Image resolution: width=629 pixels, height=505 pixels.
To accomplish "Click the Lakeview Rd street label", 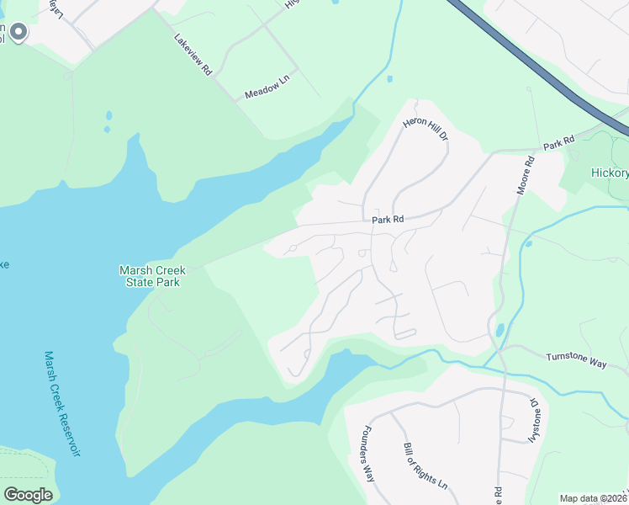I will pos(193,56).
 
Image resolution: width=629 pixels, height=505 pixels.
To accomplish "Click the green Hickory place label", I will pos(610,173).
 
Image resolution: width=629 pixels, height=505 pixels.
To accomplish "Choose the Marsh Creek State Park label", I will pos(151,276).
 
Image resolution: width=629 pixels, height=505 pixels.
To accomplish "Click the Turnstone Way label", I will pos(576,357).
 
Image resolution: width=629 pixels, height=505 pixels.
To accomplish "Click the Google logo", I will pos(28,494).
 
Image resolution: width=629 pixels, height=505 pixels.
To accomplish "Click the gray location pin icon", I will pos(18,33).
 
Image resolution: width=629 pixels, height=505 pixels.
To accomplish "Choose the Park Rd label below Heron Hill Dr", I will pos(388,219).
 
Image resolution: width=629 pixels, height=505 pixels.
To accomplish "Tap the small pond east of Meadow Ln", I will pos(389,80).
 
